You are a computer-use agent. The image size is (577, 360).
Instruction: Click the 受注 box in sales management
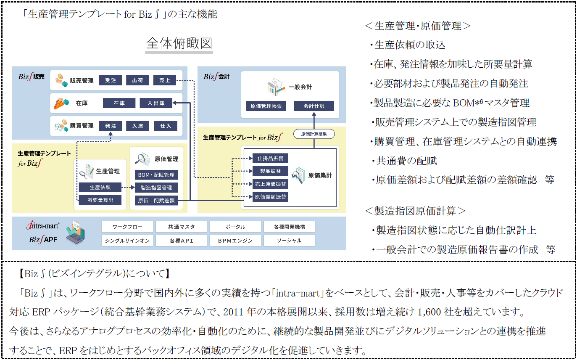click(x=111, y=80)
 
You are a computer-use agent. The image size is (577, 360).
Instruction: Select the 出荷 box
click(x=138, y=80)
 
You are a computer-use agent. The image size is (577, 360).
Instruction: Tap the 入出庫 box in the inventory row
click(x=156, y=103)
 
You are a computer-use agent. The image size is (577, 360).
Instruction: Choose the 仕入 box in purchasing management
click(x=166, y=126)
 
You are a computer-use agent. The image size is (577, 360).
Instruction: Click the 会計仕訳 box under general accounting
click(x=314, y=106)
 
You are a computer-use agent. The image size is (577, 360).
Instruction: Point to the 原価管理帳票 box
click(x=266, y=106)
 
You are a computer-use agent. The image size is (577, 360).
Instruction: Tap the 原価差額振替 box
click(x=270, y=196)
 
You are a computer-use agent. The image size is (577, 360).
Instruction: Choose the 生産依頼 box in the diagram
click(x=100, y=188)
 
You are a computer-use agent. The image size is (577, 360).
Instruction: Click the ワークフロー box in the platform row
click(x=127, y=227)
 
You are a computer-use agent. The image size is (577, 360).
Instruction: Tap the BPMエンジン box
click(x=235, y=241)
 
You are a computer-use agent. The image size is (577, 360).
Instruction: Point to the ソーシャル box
click(x=289, y=241)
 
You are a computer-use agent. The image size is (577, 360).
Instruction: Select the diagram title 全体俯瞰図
click(x=179, y=44)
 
